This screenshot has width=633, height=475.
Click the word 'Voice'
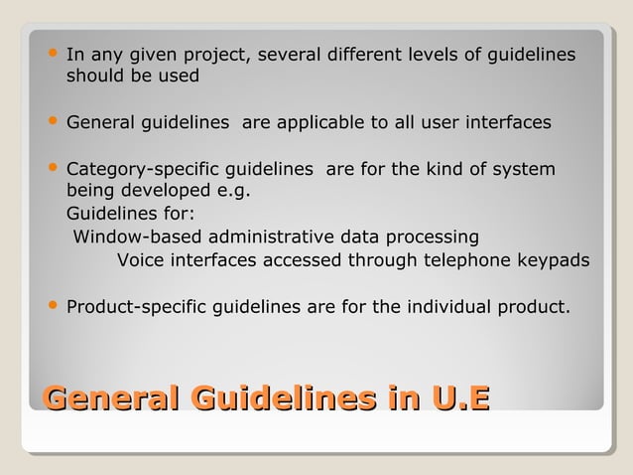click(142, 260)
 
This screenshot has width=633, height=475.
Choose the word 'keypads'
click(552, 260)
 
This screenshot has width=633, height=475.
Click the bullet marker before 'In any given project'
click(52, 54)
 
